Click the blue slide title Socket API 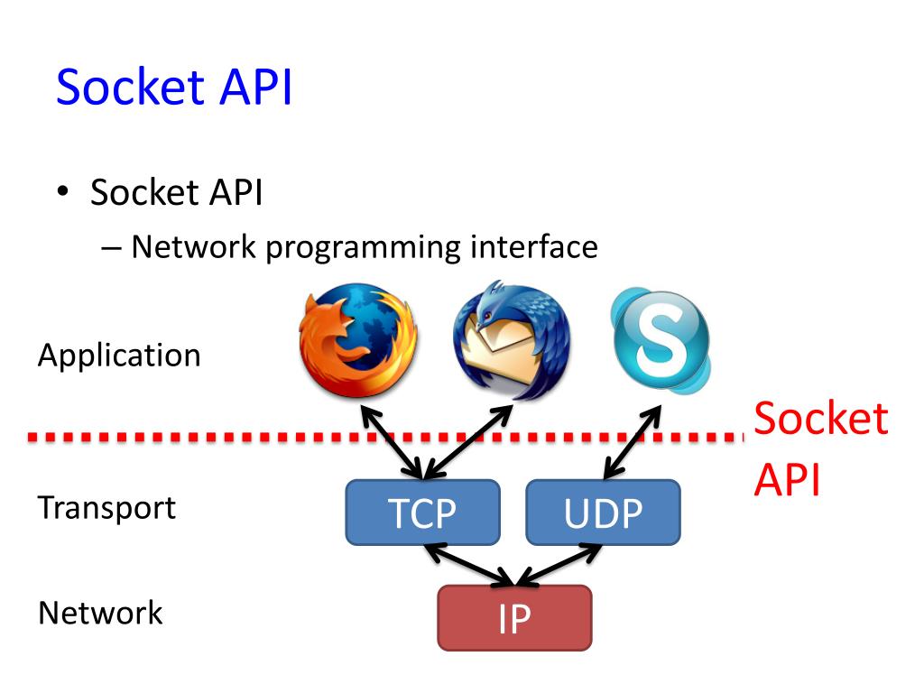coord(174,88)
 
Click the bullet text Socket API coord(176,193)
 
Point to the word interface coord(533,246)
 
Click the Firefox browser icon coord(358,341)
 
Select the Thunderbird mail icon coord(512,341)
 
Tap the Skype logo coord(661,341)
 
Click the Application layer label coord(119,356)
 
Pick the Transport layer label coord(106,507)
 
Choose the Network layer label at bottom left coord(100,613)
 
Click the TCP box coord(422,513)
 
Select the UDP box coord(603,513)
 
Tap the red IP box coord(514,618)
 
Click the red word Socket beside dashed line coord(820,420)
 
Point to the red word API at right coord(787,481)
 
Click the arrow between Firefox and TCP coord(389,441)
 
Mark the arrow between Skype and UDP coord(633,441)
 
